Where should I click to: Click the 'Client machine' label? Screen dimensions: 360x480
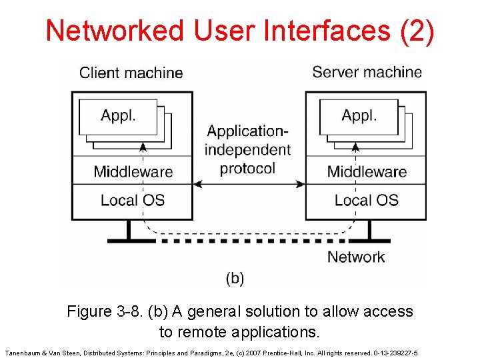pyautogui.click(x=131, y=73)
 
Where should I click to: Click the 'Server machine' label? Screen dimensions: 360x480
pyautogui.click(x=367, y=72)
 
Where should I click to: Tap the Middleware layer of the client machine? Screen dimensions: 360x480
pyautogui.click(x=133, y=171)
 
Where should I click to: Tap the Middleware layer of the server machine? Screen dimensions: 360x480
pyautogui.click(x=367, y=171)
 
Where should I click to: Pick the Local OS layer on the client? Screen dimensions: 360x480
pyautogui.click(x=133, y=200)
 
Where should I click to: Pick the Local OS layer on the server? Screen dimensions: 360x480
pyautogui.click(x=367, y=200)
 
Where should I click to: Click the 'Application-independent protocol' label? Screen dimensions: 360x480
pyautogui.click(x=248, y=149)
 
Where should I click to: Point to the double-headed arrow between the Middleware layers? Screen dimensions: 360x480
pyautogui.click(x=249, y=184)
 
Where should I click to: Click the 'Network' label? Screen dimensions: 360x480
pyautogui.click(x=356, y=257)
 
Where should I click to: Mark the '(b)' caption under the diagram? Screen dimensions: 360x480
pyautogui.click(x=235, y=278)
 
